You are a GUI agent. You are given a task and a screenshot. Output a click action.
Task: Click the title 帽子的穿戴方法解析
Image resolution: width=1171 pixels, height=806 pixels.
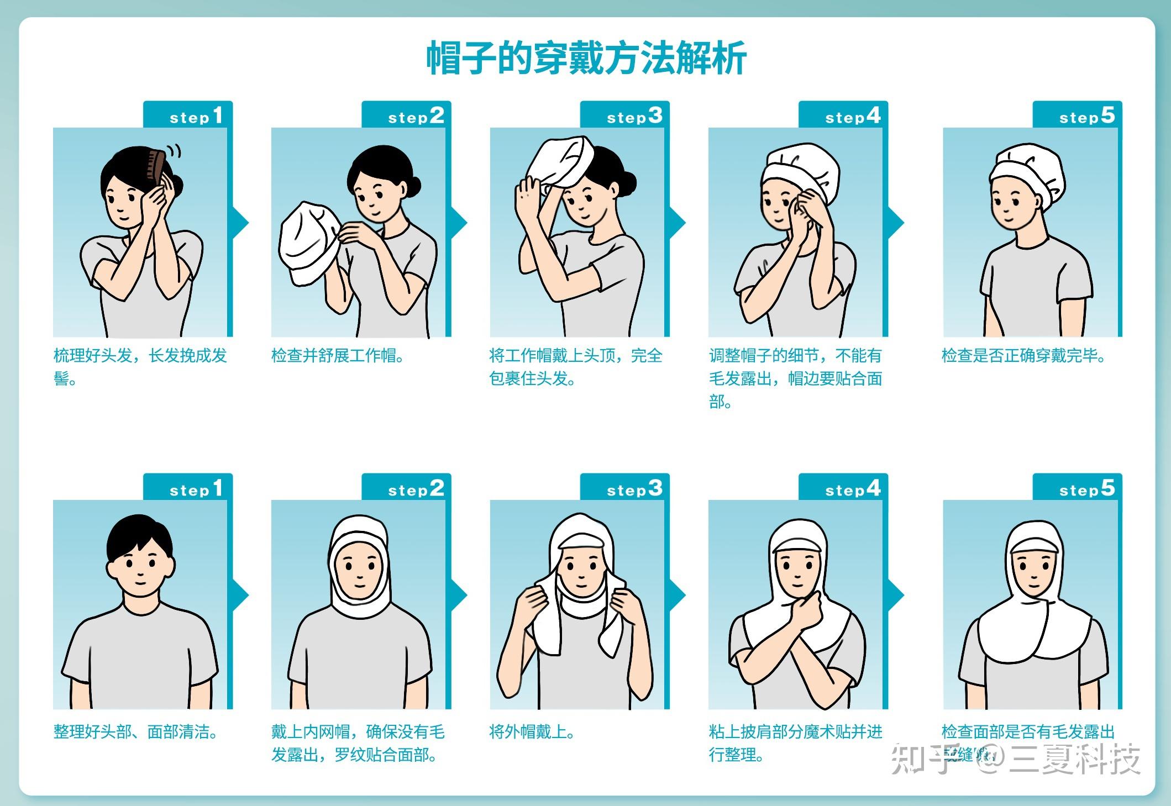[x=586, y=58]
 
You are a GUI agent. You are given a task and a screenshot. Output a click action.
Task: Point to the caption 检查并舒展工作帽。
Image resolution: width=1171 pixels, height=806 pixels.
[x=338, y=355]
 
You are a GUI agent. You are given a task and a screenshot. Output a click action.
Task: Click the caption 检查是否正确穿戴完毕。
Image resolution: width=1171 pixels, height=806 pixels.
[x=1023, y=355]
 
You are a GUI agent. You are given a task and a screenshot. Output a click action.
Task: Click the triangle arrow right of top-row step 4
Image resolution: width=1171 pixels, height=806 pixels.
[x=896, y=223]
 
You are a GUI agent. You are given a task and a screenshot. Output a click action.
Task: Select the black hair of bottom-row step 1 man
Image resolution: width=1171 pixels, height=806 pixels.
[x=139, y=533]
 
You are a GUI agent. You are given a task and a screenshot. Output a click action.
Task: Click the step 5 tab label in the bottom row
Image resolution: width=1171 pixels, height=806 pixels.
[x=1086, y=488]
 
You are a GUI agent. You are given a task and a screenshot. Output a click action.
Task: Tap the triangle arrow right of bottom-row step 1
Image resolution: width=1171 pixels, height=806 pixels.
[x=240, y=596]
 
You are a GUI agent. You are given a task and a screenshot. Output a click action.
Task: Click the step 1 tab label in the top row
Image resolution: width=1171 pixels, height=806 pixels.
[x=196, y=116]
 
